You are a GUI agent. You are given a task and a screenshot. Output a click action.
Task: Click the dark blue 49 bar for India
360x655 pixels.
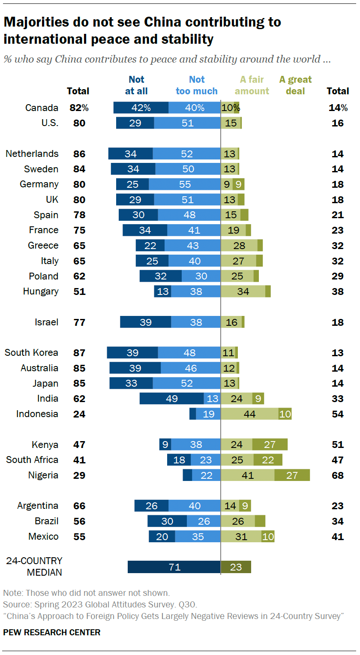click(x=171, y=399)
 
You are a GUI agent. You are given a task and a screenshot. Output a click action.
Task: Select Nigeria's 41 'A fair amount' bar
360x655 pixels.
click(x=247, y=475)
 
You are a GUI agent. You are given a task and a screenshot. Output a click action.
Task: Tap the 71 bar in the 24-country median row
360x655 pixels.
click(x=174, y=567)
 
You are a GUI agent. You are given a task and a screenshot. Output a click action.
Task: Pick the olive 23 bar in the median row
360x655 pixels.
click(x=236, y=567)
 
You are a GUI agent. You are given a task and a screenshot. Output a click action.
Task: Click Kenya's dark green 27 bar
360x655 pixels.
click(x=270, y=445)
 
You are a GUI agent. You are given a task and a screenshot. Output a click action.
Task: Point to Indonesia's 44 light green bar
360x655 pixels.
click(x=249, y=414)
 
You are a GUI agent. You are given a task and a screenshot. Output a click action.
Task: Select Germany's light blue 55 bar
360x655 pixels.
click(x=184, y=184)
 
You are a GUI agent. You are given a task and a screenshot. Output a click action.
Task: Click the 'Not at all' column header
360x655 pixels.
click(x=136, y=85)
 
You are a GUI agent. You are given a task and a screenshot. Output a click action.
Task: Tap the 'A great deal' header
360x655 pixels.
click(x=295, y=85)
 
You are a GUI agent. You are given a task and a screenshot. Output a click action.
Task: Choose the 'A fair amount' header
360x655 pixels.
click(x=252, y=85)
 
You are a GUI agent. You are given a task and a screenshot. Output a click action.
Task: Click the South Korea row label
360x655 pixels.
click(x=31, y=353)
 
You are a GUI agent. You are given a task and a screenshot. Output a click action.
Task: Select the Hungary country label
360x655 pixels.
click(x=41, y=291)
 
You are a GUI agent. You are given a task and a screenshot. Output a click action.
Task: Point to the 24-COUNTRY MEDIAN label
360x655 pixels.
click(x=34, y=567)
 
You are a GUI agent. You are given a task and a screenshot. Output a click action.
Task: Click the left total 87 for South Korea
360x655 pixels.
click(x=79, y=353)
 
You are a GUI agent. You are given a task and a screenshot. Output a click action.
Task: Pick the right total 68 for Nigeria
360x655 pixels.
click(x=338, y=475)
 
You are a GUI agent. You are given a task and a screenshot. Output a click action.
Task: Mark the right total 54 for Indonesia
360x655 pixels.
click(x=338, y=414)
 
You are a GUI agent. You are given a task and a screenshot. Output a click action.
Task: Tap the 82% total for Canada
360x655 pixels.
click(x=79, y=108)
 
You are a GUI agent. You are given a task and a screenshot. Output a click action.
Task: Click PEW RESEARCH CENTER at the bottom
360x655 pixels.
click(x=52, y=632)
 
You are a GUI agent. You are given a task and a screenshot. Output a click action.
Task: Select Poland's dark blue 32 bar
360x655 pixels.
click(x=160, y=276)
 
